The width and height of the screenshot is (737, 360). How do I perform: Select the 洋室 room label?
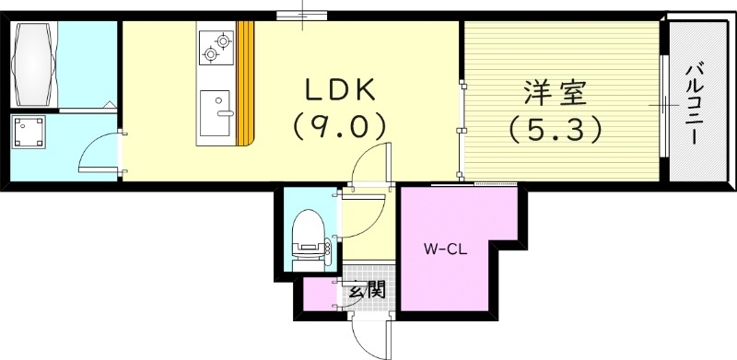pos(555,93)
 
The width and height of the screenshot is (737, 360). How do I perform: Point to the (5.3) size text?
pos(555,129)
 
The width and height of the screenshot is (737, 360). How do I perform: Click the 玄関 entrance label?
pos(366,292)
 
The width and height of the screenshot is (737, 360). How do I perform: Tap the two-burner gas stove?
pos(216,46)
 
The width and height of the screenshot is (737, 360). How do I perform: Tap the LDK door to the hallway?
pos(374,166)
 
